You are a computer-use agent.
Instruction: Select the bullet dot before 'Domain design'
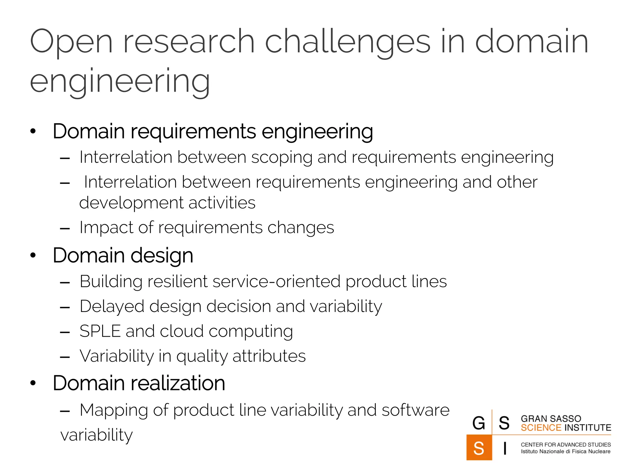(33, 255)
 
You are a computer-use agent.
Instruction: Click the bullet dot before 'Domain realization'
(33, 383)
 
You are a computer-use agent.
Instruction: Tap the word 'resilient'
(177, 282)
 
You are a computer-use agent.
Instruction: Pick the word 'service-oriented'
(276, 282)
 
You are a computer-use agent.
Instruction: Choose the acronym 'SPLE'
(100, 331)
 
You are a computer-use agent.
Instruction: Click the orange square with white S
(479, 448)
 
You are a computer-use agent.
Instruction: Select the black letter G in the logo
(479, 423)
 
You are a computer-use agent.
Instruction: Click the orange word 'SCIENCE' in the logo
(541, 428)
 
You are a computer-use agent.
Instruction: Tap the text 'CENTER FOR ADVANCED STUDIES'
(565, 445)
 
